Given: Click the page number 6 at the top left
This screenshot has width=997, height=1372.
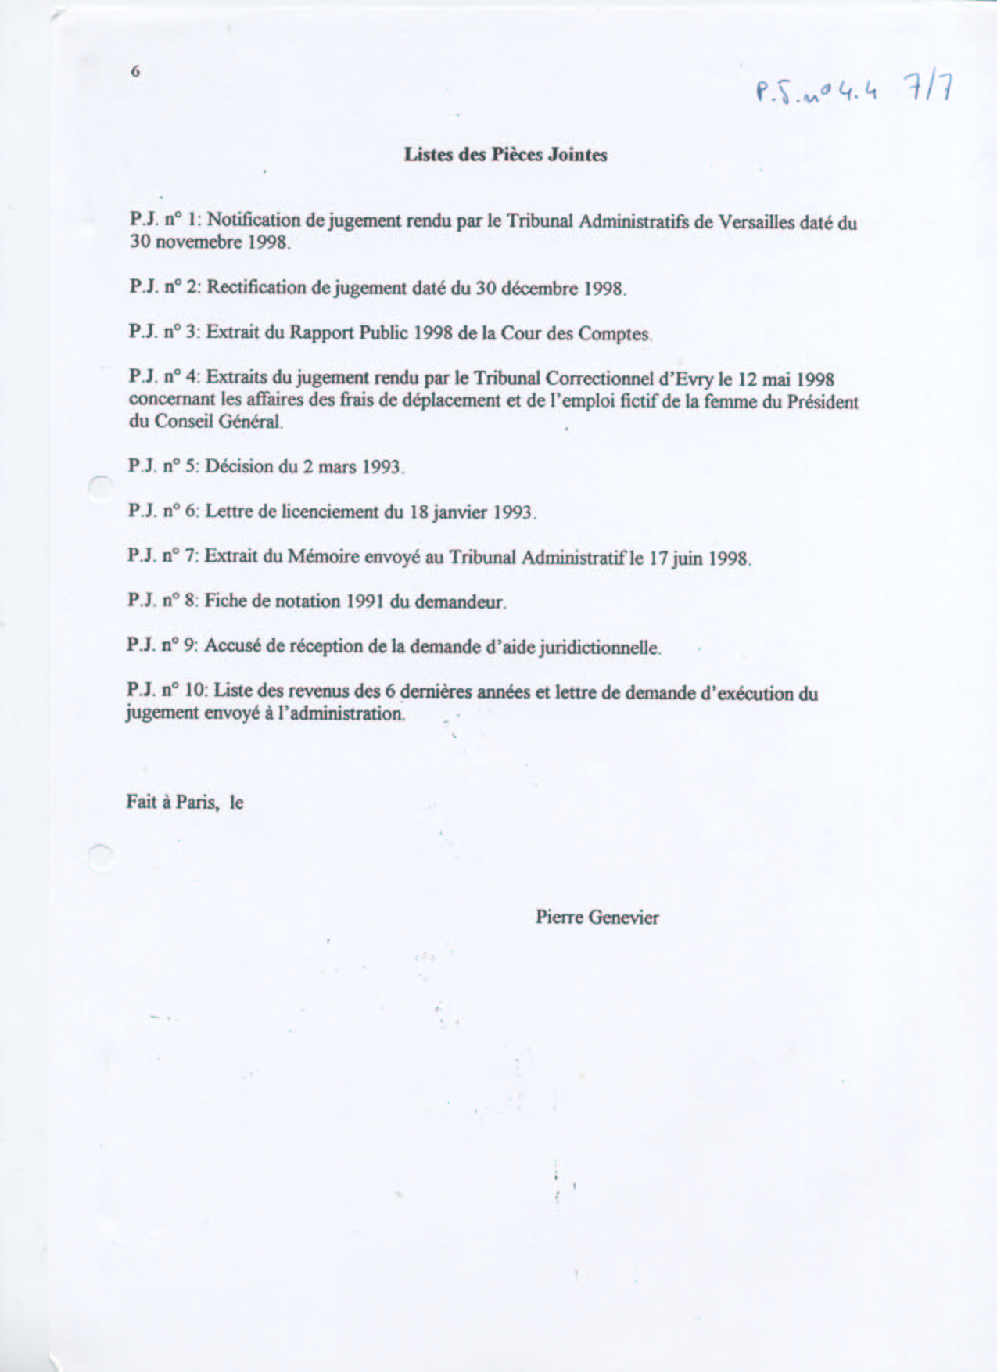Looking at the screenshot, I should [x=135, y=71].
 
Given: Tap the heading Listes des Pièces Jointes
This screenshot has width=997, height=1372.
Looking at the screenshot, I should [x=505, y=155].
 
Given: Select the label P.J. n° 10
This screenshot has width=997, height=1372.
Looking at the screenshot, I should [x=166, y=691].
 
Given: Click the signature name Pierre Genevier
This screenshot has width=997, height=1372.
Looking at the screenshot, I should [x=597, y=917].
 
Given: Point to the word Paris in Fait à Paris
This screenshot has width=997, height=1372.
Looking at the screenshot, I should [x=197, y=803].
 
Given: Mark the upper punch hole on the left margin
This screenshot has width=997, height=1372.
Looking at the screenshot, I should [x=100, y=488].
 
